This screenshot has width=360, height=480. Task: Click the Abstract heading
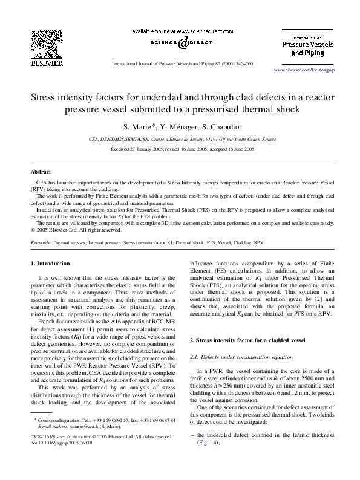(x=41, y=172)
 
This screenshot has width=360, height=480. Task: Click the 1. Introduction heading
(x=50, y=264)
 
